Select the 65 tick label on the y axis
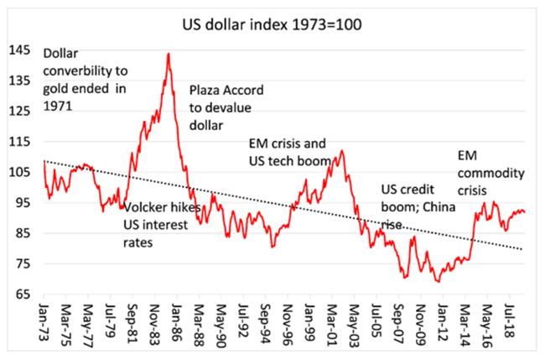pos(25,295)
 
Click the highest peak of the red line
pos(169,54)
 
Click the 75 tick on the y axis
pos(25,264)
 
